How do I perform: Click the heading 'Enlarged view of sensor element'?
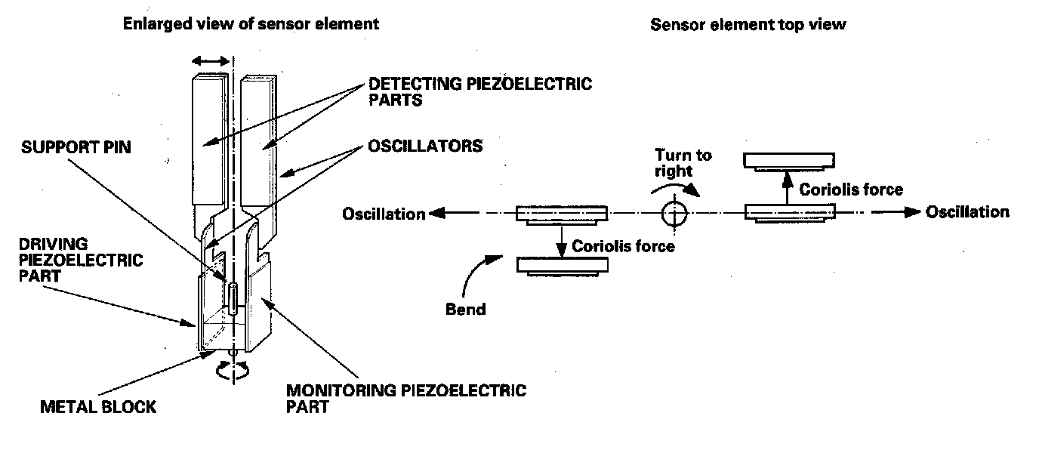251,23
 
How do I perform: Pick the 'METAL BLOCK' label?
98,407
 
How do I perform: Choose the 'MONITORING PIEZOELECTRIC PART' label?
405,398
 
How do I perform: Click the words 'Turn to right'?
683,162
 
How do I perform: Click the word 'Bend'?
465,310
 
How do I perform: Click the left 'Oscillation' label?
384,214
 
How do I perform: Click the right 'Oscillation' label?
967,212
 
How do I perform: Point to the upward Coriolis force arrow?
786,186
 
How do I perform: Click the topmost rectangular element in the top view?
789,159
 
